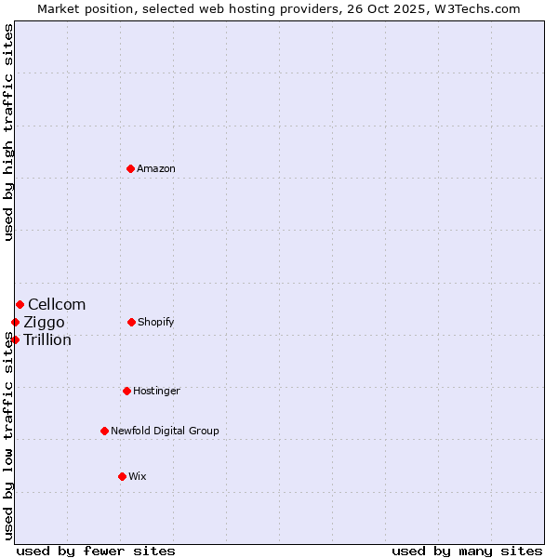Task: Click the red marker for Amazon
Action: pos(131,168)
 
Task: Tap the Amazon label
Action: pos(156,168)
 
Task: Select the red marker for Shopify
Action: pos(131,322)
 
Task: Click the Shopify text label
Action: pos(155,322)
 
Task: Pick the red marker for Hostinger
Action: pos(126,391)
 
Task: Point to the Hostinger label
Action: pos(156,391)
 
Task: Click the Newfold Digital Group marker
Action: pos(104,431)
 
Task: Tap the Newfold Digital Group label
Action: pos(165,431)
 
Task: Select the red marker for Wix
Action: pos(122,476)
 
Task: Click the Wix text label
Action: pos(138,476)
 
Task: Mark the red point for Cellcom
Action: pos(20,304)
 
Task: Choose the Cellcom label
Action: pos(57,304)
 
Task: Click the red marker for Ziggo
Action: pos(15,322)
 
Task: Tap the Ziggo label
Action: pos(45,322)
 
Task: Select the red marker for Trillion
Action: pos(15,339)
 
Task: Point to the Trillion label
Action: pos(47,339)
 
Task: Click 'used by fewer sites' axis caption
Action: pos(96,551)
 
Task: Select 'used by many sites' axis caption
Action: pos(467,551)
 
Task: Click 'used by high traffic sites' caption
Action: pos(8,132)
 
